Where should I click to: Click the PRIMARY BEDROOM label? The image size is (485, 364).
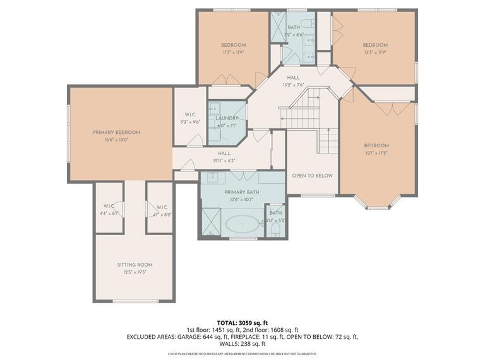coord(116,132)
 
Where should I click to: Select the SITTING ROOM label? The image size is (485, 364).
coord(135,265)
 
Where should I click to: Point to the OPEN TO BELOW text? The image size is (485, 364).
coord(312,176)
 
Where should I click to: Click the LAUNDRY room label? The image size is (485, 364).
coord(226,118)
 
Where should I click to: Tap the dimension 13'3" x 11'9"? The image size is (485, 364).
coord(374,53)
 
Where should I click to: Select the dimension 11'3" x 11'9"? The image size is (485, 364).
coord(233,53)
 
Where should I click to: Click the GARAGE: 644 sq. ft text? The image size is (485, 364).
coord(198,337)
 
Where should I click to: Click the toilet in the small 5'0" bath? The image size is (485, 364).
coord(276,229)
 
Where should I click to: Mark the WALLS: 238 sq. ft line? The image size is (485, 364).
coord(242,345)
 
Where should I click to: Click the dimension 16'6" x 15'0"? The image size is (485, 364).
coord(116,140)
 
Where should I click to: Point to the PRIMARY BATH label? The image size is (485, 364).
coord(242,191)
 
